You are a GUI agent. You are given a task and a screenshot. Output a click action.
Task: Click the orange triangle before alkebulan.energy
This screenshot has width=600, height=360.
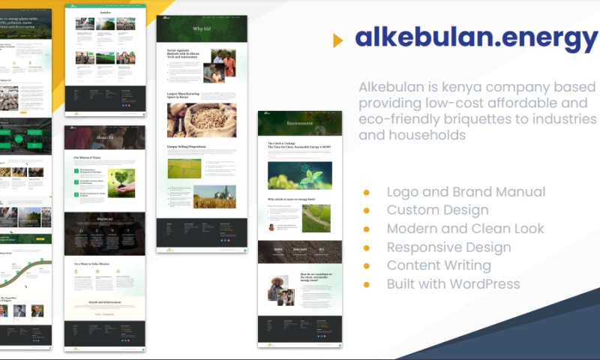tap(337, 40)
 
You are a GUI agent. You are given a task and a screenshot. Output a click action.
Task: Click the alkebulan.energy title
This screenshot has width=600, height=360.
tap(476, 37)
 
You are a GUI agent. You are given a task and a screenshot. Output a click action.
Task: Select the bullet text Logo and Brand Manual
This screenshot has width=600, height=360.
tap(466, 192)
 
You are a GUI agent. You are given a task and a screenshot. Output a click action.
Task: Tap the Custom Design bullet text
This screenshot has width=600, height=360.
tap(437, 210)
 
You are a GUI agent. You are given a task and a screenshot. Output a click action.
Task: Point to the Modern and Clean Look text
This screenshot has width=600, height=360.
tap(465, 229)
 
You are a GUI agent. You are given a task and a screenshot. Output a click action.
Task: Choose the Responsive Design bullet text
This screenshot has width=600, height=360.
tap(448, 247)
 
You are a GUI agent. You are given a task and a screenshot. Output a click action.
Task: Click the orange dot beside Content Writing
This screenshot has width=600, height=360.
tap(367, 265)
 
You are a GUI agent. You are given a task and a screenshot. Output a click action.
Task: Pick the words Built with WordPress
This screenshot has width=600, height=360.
tap(453, 283)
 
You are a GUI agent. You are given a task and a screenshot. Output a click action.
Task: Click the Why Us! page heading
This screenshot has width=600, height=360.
tap(202, 29)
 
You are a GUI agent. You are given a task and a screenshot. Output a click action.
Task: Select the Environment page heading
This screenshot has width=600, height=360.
tap(300, 123)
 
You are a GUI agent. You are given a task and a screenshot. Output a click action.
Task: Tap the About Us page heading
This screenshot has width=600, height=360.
tap(105, 137)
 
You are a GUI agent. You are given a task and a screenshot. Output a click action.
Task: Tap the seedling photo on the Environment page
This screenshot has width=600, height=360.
tap(299, 175)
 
